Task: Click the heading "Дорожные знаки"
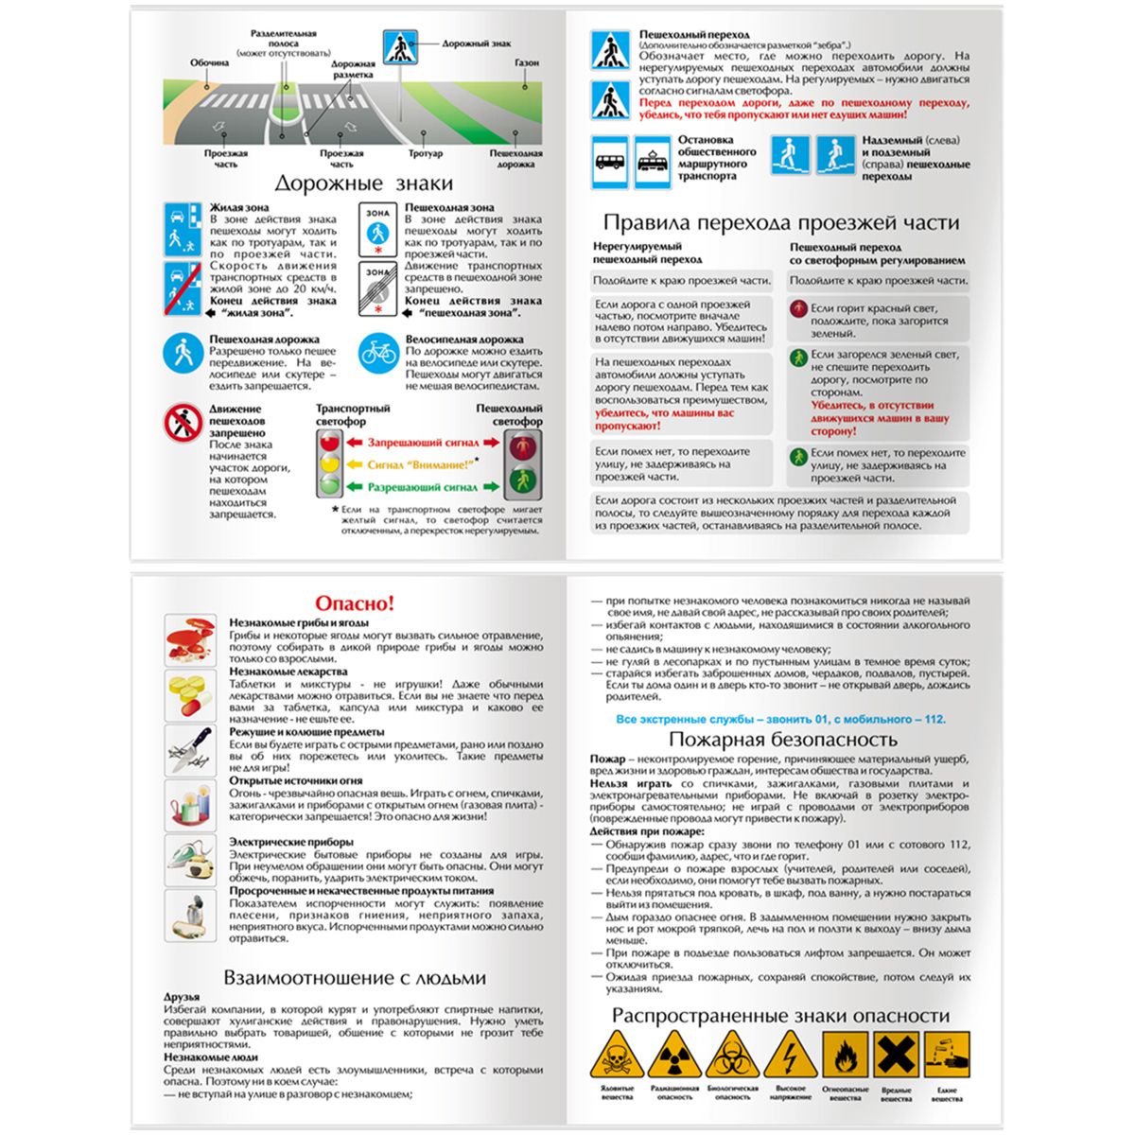(364, 183)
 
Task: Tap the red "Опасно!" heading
(354, 603)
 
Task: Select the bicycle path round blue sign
(377, 353)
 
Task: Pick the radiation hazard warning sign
(674, 1056)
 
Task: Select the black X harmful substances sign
(896, 1055)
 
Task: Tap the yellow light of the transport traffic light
(329, 463)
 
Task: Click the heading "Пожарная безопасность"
(782, 740)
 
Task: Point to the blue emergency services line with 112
(780, 720)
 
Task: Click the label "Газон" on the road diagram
(527, 62)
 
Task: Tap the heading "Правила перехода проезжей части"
(781, 223)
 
